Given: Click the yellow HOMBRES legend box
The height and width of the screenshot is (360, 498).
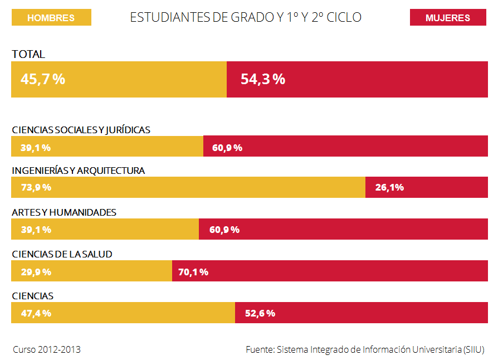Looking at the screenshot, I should (x=51, y=18).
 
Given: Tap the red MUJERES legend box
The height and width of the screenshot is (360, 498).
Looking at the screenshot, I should (x=447, y=18).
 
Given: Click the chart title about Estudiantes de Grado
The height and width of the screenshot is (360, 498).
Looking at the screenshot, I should (x=246, y=18).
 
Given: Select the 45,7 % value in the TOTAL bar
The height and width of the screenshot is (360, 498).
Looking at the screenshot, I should (x=43, y=79).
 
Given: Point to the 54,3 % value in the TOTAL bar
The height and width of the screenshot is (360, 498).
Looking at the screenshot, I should (x=263, y=79).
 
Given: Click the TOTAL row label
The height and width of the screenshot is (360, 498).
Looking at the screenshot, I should (x=28, y=55).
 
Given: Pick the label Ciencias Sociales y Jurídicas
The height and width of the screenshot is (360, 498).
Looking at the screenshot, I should (x=81, y=130).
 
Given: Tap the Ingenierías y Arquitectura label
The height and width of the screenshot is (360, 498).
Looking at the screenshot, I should (x=79, y=171).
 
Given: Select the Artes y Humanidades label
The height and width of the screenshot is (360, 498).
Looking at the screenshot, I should (x=64, y=212).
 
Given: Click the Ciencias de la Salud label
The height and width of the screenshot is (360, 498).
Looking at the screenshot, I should (x=62, y=254).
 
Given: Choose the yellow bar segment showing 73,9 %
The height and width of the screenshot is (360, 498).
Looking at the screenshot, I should (x=188, y=187).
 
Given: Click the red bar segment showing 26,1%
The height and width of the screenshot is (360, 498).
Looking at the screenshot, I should (x=426, y=187).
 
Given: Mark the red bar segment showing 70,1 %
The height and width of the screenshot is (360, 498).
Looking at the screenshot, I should (x=330, y=271).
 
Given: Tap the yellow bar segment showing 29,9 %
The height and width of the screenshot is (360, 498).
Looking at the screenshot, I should (x=91, y=271).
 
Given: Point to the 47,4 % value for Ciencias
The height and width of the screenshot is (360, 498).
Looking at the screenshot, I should (x=36, y=313).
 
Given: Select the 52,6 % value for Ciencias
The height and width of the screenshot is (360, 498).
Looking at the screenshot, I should (x=260, y=313).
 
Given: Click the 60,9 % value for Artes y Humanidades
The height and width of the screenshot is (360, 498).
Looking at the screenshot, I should (x=224, y=230).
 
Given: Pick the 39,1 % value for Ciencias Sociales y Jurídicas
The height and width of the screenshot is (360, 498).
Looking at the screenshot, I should (x=36, y=148).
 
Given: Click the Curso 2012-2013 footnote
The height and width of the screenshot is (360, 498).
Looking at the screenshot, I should (x=47, y=350).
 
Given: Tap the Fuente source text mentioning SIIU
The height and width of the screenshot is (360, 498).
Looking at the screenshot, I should (x=365, y=350).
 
